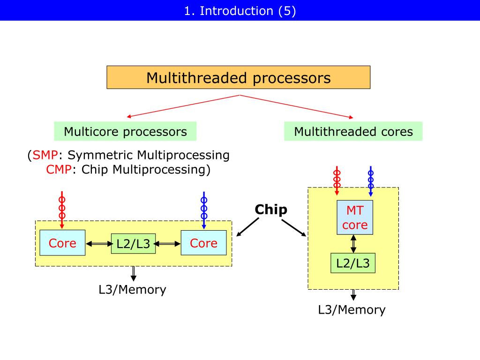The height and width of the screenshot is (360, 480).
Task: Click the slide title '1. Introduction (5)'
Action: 240,11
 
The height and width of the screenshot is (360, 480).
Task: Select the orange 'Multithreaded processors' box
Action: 239,77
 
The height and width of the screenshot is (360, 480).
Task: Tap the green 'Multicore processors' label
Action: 125,131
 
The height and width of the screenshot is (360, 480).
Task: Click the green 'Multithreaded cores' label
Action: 353,131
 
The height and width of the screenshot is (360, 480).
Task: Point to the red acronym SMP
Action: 45,155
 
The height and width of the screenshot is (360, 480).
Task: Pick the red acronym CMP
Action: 59,169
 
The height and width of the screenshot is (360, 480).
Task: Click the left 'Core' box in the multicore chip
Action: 62,243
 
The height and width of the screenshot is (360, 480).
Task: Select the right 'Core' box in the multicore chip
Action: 203,243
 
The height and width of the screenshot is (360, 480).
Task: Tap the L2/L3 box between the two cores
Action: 133,244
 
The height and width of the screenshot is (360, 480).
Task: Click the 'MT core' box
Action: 355,217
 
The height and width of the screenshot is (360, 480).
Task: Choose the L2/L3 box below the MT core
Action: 353,263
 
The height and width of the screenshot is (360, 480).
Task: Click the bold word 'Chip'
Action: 271,210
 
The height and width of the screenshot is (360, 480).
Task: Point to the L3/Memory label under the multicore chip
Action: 132,290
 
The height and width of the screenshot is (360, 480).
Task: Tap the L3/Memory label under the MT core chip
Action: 352,310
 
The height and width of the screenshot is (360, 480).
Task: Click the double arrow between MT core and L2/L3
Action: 353,244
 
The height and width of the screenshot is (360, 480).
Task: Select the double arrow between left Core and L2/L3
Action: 99,244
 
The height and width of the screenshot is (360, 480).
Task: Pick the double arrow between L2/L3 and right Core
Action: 167,244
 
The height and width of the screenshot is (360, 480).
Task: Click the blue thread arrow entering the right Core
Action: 204,210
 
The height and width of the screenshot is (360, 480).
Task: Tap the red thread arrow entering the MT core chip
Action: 337,180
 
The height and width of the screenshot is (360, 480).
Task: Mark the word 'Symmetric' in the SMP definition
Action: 100,155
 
